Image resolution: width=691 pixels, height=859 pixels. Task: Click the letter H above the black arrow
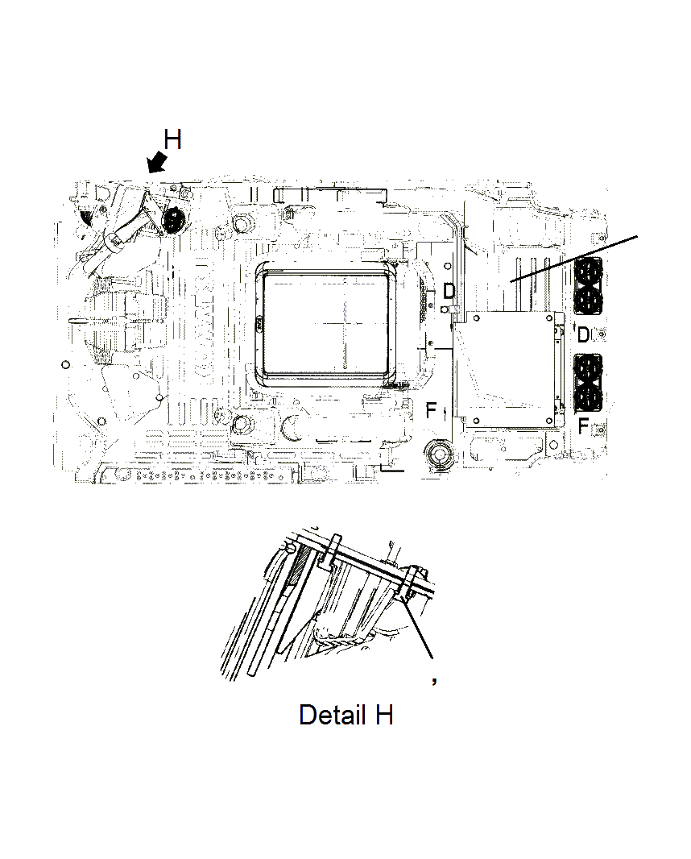click(172, 140)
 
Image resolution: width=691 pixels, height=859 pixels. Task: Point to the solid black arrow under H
click(157, 164)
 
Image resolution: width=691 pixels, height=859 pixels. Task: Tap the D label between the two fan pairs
click(584, 333)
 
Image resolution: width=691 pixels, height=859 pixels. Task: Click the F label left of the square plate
click(431, 411)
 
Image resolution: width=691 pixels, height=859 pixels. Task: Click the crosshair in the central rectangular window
click(342, 322)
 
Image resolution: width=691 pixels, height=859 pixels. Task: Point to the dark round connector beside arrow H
click(172, 220)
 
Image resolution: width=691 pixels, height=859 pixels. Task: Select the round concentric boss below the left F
click(439, 454)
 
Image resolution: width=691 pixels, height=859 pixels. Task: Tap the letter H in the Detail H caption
click(383, 714)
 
